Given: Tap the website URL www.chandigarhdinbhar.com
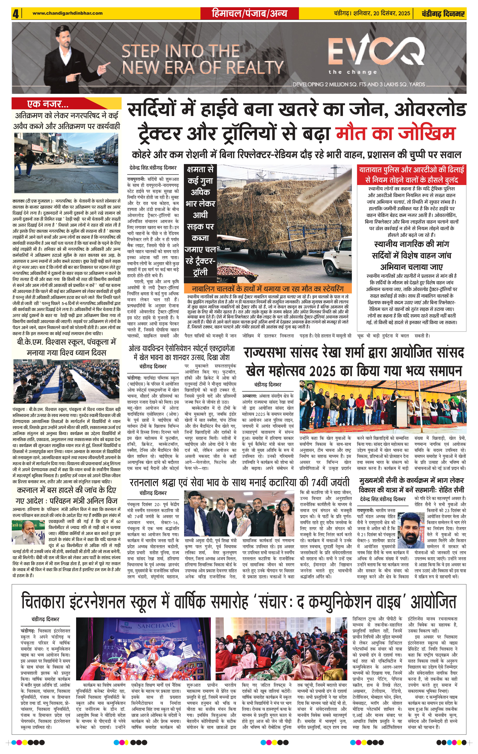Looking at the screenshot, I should [67, 13].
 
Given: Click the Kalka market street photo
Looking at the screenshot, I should [67, 163].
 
